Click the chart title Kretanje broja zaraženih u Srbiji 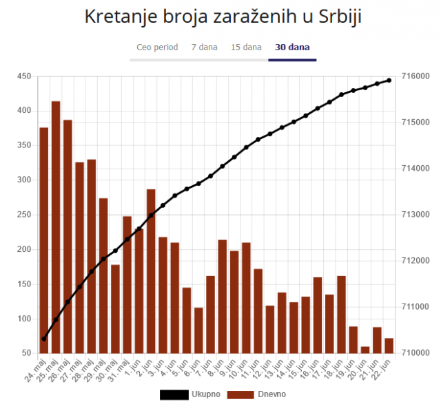click(x=222, y=17)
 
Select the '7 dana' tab click(x=205, y=47)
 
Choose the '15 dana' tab click(x=246, y=47)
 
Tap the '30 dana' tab click(x=292, y=47)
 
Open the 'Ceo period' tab click(x=157, y=47)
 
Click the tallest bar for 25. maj click(x=56, y=227)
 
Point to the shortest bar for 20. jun click(x=365, y=350)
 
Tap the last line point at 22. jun click(x=389, y=81)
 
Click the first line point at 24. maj click(x=43, y=339)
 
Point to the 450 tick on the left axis click(x=24, y=76)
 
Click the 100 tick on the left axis click(x=24, y=319)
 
